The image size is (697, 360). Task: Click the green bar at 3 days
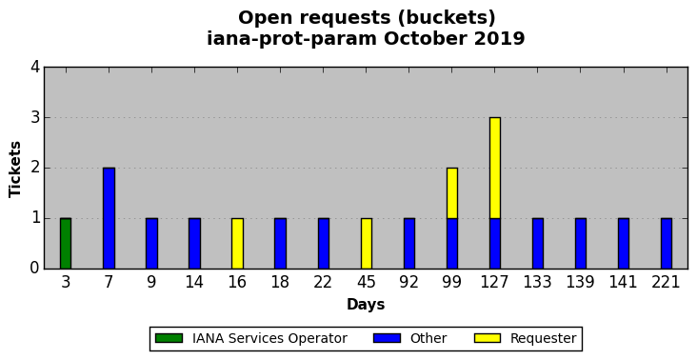point(66,244)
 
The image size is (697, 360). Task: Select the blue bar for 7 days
point(109,218)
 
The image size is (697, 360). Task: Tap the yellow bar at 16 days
point(237,244)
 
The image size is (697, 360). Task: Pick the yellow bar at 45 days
point(367,244)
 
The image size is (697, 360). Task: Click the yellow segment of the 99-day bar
point(452,193)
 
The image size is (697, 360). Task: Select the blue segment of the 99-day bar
point(452,244)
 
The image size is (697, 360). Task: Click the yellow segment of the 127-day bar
point(495,168)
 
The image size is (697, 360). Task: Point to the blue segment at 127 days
point(495,244)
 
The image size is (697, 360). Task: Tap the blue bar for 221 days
point(667,244)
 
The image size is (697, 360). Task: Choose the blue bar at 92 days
point(409,244)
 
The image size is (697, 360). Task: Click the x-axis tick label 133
point(537,282)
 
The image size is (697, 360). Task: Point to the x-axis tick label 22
point(323,282)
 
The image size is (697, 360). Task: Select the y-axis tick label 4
point(35,68)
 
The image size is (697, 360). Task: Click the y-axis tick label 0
point(35,269)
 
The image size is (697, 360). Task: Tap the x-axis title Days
point(366,305)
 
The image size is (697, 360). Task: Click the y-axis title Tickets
point(14,170)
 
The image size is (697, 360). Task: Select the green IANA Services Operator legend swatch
point(169,338)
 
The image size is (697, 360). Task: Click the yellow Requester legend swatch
point(488,338)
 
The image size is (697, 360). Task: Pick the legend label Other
point(428,339)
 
